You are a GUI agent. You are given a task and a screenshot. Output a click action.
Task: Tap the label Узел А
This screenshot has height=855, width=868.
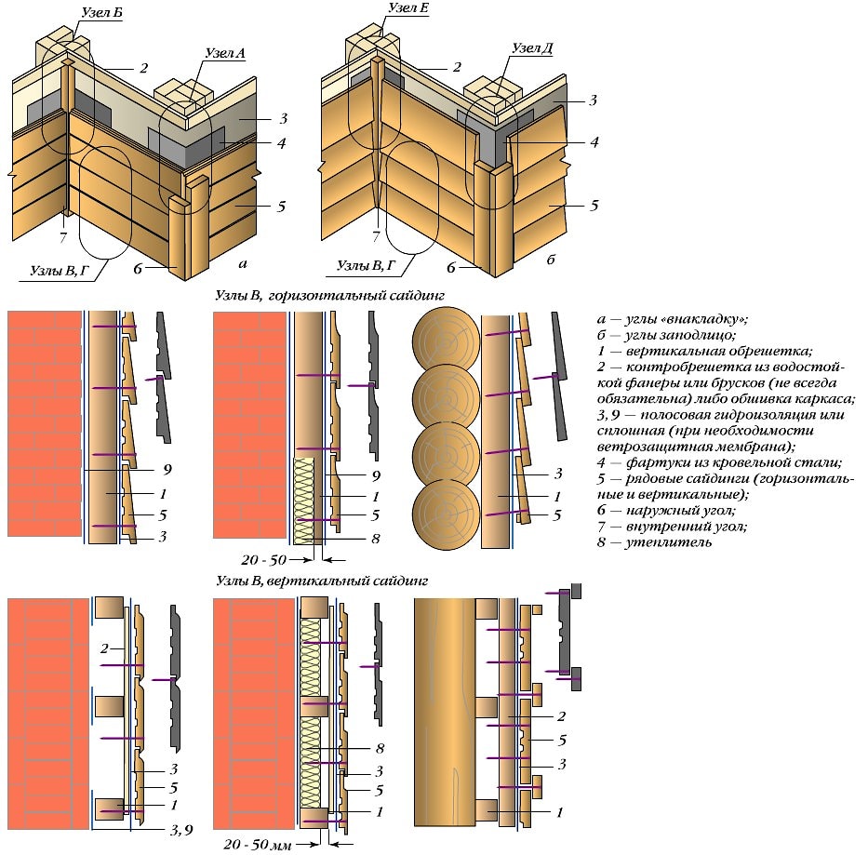tap(224, 53)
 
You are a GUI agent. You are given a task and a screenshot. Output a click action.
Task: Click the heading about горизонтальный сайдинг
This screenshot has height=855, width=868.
tap(330, 296)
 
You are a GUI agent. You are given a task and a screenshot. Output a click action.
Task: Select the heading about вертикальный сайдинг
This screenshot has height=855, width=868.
tap(321, 581)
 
